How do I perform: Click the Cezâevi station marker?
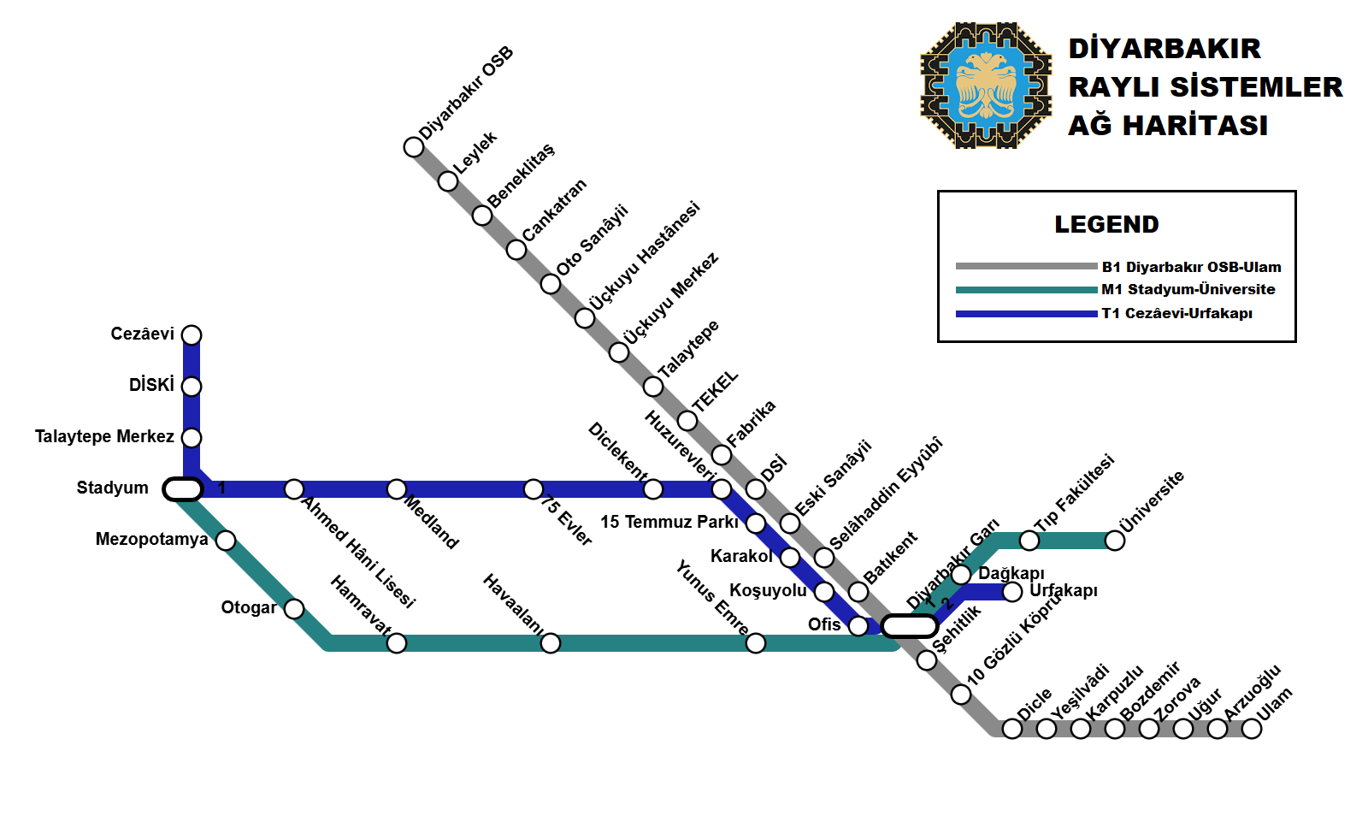[x=192, y=334]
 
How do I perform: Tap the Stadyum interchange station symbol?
[x=183, y=489]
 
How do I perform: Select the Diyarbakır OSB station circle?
[x=414, y=147]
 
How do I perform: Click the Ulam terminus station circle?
[x=1252, y=729]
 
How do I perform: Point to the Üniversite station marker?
[x=1115, y=541]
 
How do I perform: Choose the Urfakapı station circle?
[x=1012, y=592]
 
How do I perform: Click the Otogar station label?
[x=249, y=608]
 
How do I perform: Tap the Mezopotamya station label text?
[x=151, y=540]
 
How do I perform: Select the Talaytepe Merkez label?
[x=104, y=437]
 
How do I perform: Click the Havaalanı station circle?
[x=551, y=643]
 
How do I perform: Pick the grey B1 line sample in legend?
[x=1026, y=266]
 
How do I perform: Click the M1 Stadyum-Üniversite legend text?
[x=1188, y=290]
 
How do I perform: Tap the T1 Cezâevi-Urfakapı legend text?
[x=1176, y=314]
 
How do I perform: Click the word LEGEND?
[x=1106, y=225]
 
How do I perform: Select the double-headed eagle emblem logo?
[x=986, y=86]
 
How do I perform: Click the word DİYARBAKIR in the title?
[x=1165, y=49]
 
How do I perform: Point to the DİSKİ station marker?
[x=192, y=387]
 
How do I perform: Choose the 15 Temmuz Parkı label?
[x=669, y=522]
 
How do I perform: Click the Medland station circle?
[x=397, y=489]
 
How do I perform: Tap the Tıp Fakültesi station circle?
[x=1029, y=541]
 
